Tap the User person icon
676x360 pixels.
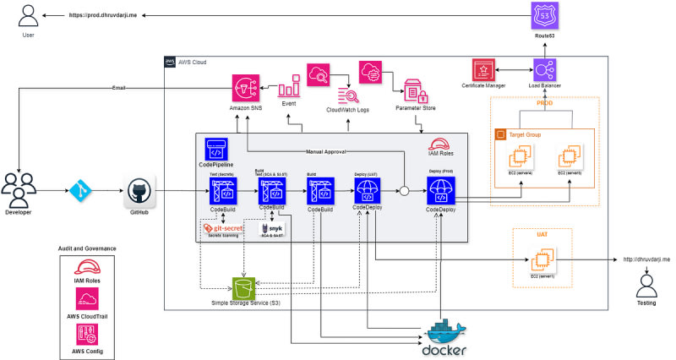click(27, 14)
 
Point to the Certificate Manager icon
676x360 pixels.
click(485, 70)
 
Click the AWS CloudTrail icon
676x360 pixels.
click(87, 298)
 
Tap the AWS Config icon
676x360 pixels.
click(87, 334)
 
